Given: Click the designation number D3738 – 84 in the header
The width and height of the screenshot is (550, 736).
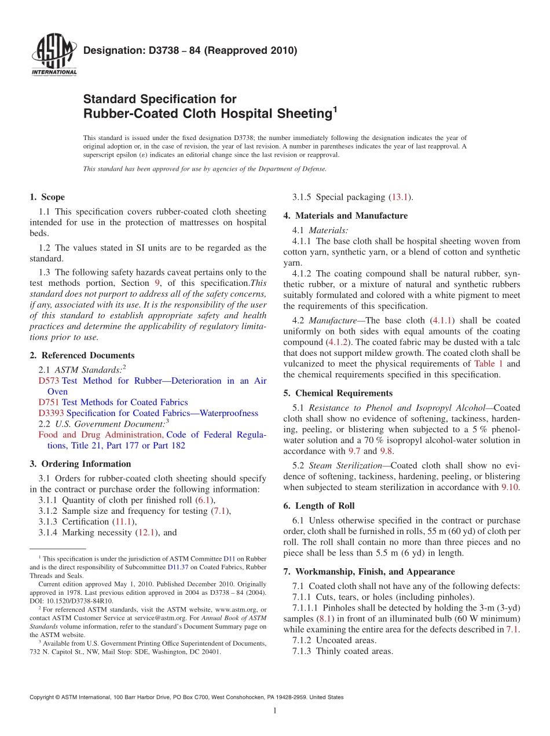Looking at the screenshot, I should (190, 50).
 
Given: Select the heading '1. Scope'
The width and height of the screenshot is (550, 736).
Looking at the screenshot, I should (47, 197).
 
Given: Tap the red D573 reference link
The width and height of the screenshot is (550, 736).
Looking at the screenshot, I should (49, 381).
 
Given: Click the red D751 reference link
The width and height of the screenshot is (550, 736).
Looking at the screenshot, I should (49, 402).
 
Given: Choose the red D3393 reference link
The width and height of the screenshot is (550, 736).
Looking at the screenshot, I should (51, 413).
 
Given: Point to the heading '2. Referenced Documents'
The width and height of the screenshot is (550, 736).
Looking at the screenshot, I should (82, 355).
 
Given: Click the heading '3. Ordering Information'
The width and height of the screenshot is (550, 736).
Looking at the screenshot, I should (80, 463).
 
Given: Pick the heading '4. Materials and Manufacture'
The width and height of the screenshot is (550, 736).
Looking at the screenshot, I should (346, 216).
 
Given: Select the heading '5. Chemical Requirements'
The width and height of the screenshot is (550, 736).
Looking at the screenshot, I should (338, 393).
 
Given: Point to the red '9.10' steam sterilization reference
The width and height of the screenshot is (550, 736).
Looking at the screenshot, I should (509, 487).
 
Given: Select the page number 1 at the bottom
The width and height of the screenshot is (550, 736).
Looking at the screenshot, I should (275, 711).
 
